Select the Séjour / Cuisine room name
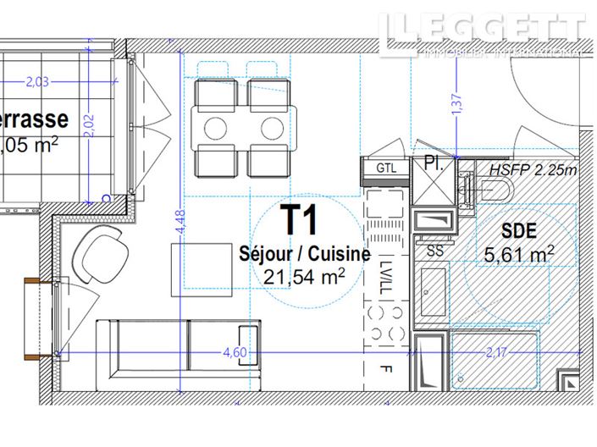coord(304,253)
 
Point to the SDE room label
coord(517,229)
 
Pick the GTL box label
coord(386,169)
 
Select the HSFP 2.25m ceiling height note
coord(533,169)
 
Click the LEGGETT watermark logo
coord(482,34)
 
